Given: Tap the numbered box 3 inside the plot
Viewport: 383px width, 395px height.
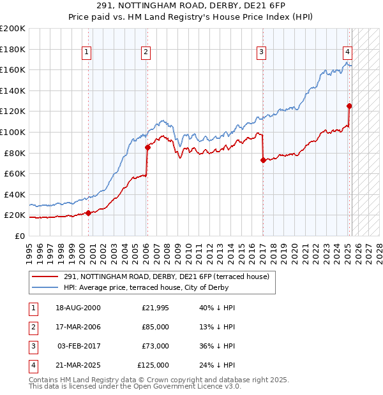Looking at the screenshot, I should tap(262, 53).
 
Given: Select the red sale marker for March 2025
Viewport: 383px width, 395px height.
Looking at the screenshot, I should tap(349, 106).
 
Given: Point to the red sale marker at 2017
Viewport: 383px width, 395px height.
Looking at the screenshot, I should tap(263, 160).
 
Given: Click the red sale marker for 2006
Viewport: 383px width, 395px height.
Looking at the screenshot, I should tap(147, 148).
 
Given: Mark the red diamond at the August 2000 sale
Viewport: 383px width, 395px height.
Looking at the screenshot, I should tap(88, 213).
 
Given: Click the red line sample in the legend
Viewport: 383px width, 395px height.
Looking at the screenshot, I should tap(45, 276).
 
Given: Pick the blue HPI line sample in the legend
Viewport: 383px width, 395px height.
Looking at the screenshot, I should tap(45, 287).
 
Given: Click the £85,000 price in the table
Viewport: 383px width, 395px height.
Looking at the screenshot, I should tap(156, 327).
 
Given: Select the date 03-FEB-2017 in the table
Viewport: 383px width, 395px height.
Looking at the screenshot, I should tap(79, 346).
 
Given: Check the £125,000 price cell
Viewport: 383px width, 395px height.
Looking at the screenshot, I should tap(153, 365).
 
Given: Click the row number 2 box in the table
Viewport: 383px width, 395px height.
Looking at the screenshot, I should tap(32, 327).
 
